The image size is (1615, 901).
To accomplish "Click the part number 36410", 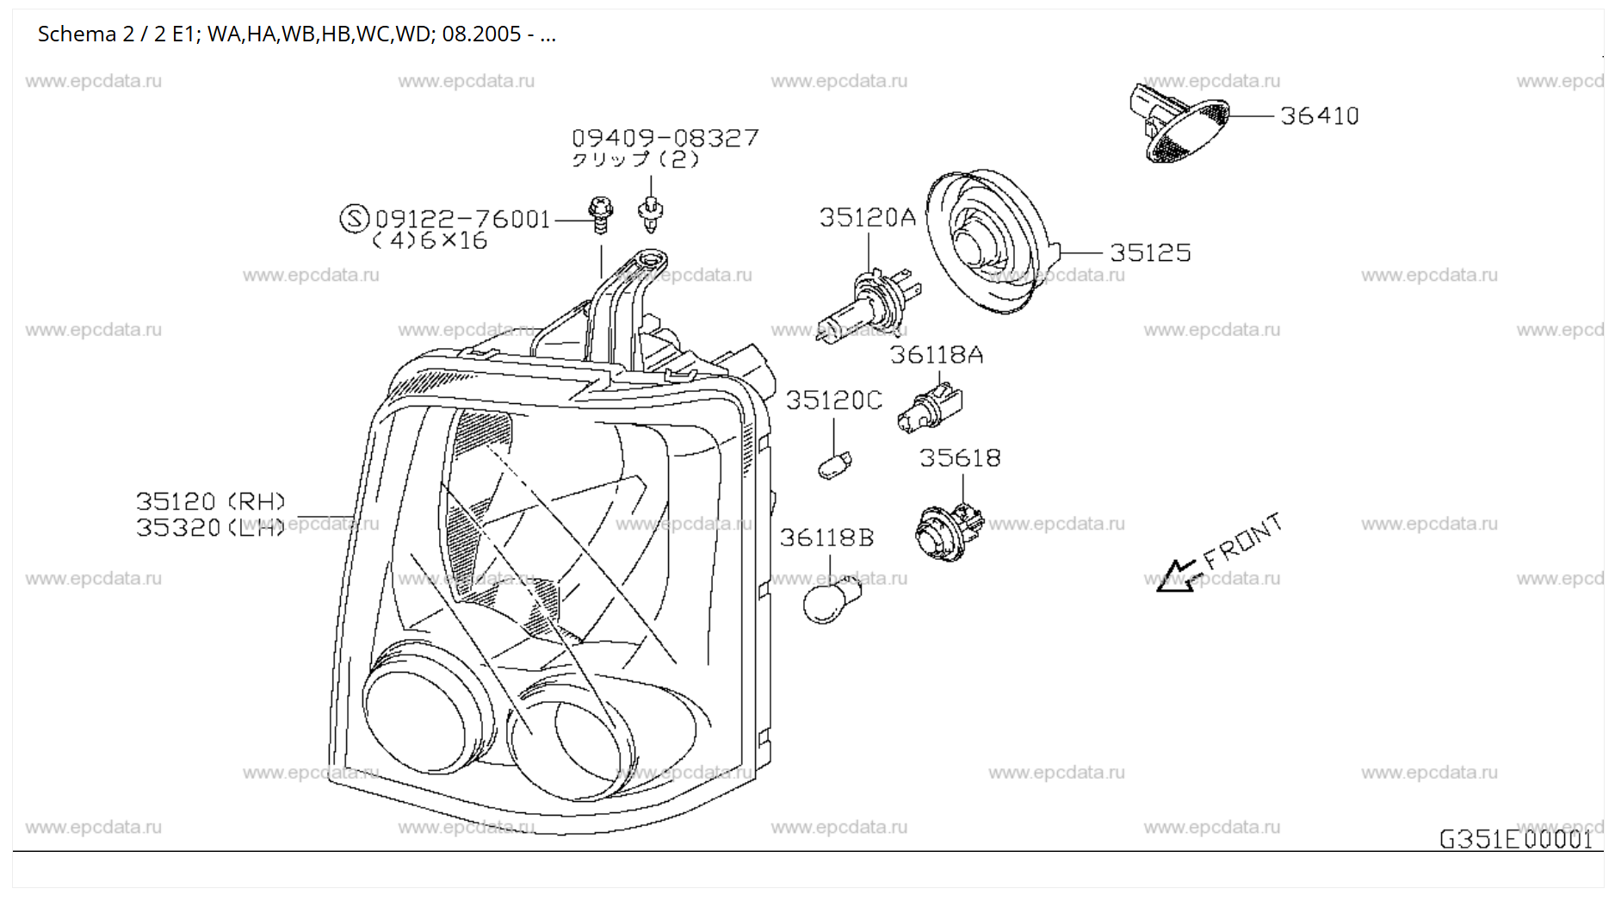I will point(1319,115).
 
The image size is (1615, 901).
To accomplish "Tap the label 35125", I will point(1149,252).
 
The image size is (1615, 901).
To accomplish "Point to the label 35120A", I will point(867,217).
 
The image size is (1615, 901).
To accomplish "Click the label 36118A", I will point(936,355).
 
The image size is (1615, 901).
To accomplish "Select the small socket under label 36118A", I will point(930,407).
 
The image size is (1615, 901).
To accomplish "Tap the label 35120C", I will point(833,401).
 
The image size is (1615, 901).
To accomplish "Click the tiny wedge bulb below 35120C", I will point(834,465).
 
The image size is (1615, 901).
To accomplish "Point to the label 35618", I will point(960,457).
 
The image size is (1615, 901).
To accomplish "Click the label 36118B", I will point(826,538).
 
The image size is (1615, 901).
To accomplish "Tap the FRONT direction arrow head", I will point(1173,577).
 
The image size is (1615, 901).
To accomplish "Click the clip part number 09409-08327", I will point(665,138).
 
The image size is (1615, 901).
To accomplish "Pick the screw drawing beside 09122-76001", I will point(600,214).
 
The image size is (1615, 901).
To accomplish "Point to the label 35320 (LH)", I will point(211,527).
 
